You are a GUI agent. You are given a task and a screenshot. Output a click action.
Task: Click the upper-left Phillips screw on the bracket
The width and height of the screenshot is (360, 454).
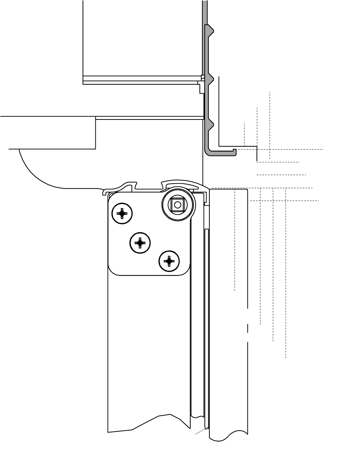pos(122,213)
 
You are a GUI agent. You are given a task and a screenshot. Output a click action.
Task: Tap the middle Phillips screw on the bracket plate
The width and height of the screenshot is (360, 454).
pos(140,243)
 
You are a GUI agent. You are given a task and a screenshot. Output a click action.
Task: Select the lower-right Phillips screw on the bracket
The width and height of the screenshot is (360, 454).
pos(169,262)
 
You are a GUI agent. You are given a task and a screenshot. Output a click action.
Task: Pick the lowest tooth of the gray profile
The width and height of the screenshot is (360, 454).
pos(211,125)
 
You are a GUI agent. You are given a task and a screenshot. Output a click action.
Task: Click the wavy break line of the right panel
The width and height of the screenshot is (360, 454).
pos(229,436)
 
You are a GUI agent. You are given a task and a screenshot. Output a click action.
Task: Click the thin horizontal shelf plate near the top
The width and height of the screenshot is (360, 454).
pos(142,80)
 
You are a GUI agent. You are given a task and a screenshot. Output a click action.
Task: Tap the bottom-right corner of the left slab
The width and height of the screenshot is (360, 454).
pos(96,148)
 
